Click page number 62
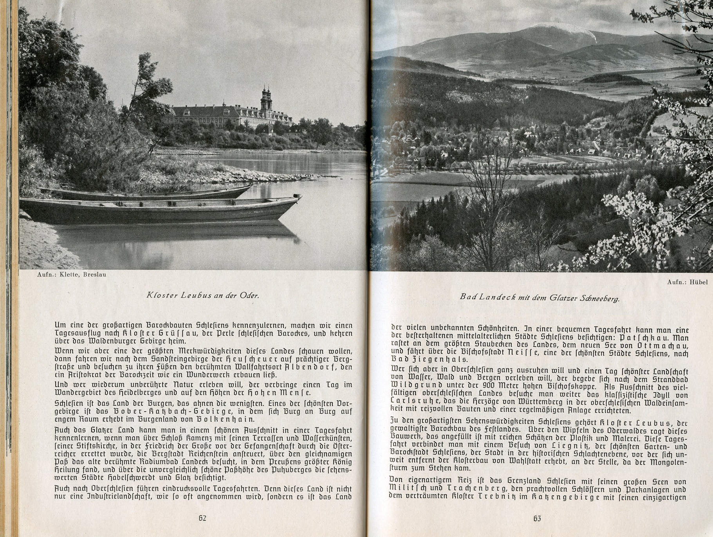click(202, 518)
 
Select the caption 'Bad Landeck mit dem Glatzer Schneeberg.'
click(540, 298)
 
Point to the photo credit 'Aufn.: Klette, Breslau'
click(72, 275)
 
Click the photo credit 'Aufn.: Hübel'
click(690, 282)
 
